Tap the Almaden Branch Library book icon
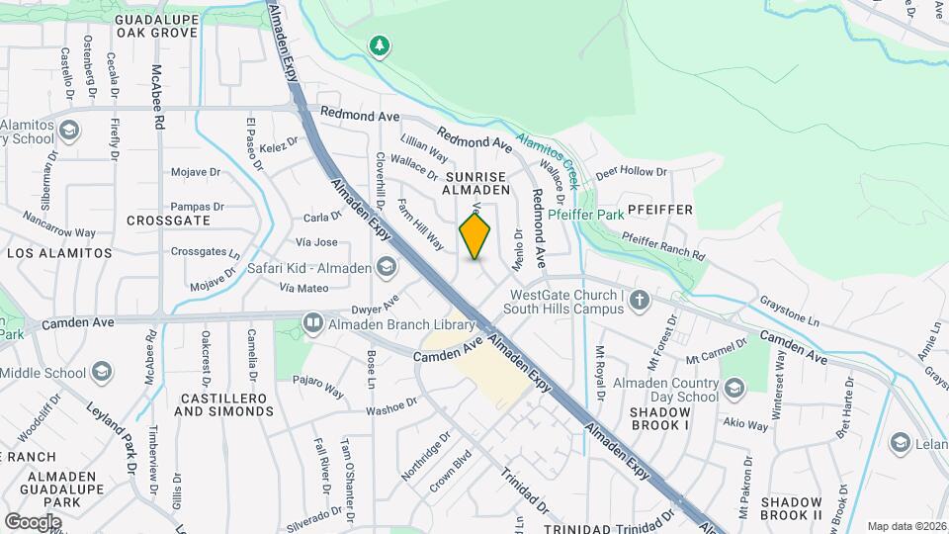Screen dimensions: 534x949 (x=313, y=323)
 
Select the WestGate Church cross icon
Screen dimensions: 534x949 (x=640, y=300)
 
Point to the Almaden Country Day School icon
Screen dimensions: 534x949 (x=733, y=385)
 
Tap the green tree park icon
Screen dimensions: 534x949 (x=379, y=45)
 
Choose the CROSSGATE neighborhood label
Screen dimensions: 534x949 (x=169, y=221)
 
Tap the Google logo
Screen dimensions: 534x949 (x=33, y=521)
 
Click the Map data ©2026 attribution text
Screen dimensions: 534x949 (x=906, y=526)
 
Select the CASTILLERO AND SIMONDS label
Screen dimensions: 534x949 (x=219, y=403)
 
